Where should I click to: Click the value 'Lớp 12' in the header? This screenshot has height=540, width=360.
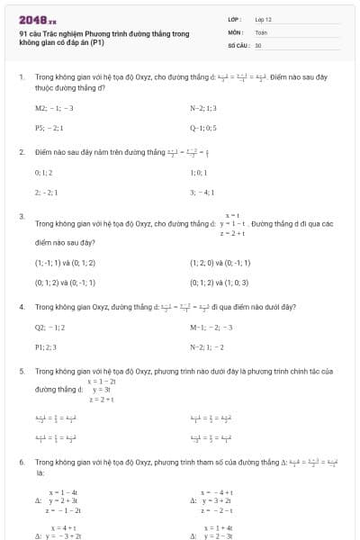pos(263,18)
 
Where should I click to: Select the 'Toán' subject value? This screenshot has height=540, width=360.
pos(261,31)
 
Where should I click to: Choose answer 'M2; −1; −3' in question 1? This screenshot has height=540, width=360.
pos(54,107)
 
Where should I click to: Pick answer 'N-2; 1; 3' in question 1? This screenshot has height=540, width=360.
pos(203,107)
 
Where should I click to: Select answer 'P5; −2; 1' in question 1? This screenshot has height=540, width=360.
pos(50,128)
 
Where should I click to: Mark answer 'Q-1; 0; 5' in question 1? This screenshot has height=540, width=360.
pos(203,128)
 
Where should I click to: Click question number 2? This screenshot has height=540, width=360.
pos(21,152)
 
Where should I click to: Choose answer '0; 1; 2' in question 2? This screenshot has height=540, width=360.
pos(44,172)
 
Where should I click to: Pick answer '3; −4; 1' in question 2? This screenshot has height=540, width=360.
pos(202,192)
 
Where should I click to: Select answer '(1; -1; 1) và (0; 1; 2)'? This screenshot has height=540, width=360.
pos(65,263)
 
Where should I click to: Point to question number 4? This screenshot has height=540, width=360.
pos(21,307)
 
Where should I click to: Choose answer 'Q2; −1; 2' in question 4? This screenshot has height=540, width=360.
pos(49,327)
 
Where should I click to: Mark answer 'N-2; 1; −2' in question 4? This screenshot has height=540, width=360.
pos(206,346)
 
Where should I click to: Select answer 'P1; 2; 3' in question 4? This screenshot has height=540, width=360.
pos(46,346)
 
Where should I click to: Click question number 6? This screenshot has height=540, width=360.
pos(21,462)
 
